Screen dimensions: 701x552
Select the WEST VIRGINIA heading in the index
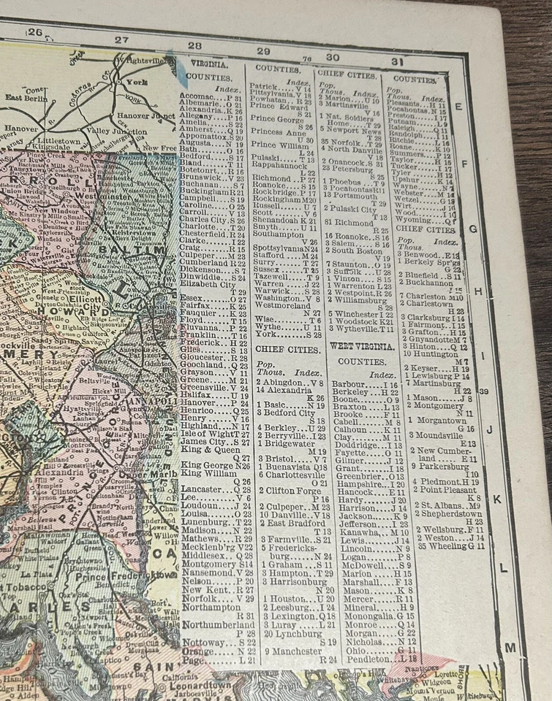[x=356, y=345]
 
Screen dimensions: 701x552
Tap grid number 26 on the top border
[x=35, y=32]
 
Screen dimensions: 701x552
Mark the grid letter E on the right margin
[x=458, y=107]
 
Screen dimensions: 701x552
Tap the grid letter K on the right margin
[x=496, y=499]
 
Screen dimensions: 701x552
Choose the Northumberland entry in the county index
[x=217, y=625]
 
